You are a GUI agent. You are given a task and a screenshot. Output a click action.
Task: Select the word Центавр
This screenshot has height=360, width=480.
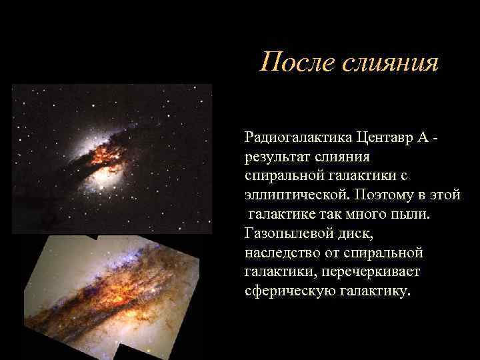point(386,137)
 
